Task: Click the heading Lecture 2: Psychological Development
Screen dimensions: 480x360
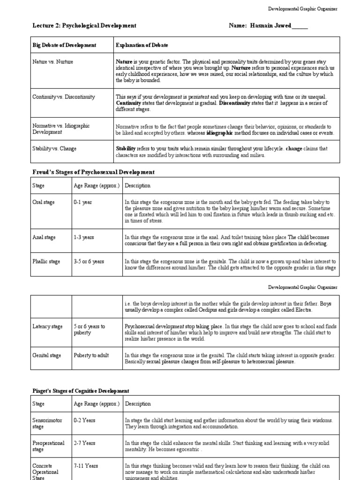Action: pos(84,26)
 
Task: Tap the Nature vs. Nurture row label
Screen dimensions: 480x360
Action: pos(52,61)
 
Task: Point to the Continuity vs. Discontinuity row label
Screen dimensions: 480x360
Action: pos(63,97)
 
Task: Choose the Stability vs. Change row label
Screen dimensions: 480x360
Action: pos(54,149)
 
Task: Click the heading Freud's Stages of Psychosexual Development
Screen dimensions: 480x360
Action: pos(93,172)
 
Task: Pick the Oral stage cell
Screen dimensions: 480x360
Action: pos(44,202)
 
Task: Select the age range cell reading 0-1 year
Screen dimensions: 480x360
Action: pos(82,202)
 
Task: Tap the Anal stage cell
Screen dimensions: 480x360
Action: pos(44,237)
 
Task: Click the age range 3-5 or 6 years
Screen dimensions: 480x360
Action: pos(89,261)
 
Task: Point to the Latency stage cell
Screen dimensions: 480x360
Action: pos(47,326)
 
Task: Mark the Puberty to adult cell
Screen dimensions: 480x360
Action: pos(91,355)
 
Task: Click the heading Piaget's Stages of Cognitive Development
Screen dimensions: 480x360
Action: pos(81,391)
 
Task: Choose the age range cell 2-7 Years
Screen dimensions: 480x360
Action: pos(84,443)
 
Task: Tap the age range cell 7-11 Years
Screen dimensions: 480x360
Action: pos(86,466)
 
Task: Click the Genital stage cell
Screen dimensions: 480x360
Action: pos(47,355)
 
